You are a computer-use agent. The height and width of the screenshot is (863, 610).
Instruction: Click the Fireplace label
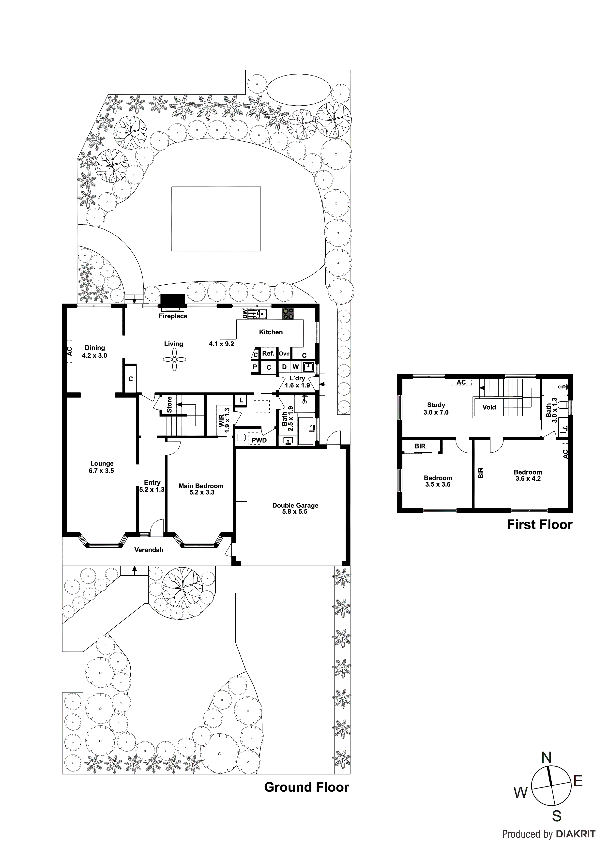click(173, 316)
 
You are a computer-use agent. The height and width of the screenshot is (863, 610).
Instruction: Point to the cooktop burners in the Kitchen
click(288, 313)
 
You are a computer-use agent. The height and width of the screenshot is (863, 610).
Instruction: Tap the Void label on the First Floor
click(489, 407)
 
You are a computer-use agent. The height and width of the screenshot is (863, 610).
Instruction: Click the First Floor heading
click(539, 524)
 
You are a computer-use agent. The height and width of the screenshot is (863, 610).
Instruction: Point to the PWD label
click(259, 440)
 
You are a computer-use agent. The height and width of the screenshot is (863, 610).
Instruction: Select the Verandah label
click(149, 550)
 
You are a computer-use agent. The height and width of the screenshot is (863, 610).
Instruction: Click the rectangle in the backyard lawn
click(216, 219)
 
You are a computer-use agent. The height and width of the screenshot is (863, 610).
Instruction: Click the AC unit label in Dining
click(70, 351)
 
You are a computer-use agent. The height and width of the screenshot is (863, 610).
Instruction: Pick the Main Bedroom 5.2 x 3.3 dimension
click(202, 493)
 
